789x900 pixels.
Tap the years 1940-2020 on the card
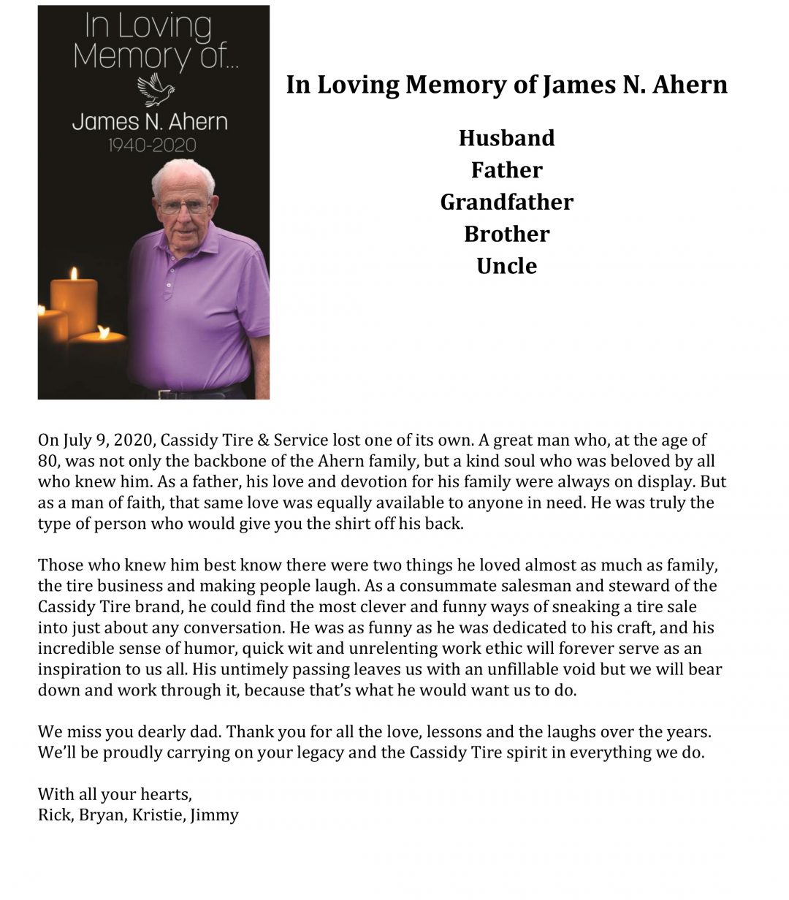click(152, 145)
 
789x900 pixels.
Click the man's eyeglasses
click(183, 207)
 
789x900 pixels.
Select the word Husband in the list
click(506, 138)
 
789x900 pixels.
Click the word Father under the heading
click(506, 170)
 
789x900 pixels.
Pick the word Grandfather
click(506, 202)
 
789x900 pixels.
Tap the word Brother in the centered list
click(506, 234)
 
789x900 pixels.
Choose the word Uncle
click(506, 266)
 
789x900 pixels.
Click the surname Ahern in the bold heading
click(690, 85)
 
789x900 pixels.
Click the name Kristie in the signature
click(157, 815)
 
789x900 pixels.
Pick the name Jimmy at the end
click(215, 815)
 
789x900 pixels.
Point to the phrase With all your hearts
click(115, 794)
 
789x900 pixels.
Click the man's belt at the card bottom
click(197, 392)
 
